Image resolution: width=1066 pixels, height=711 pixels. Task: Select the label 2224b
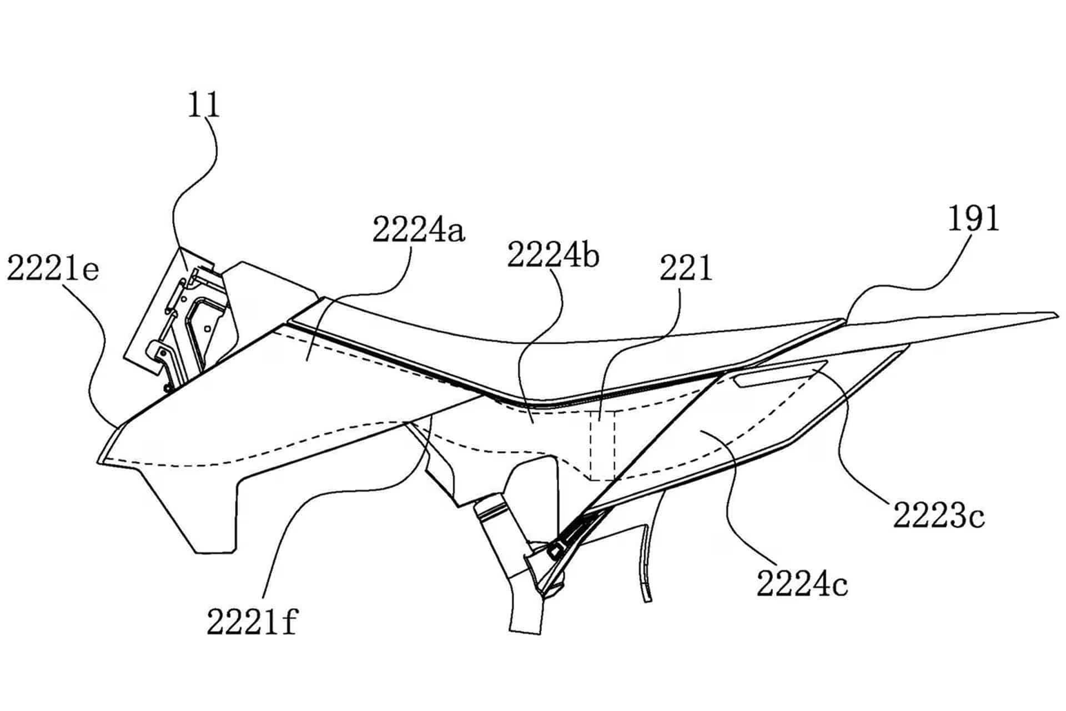point(553,256)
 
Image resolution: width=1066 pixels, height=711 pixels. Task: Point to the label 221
point(686,269)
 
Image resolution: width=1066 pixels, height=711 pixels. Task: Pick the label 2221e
point(53,269)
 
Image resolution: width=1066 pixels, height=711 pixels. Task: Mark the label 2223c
point(939,515)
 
